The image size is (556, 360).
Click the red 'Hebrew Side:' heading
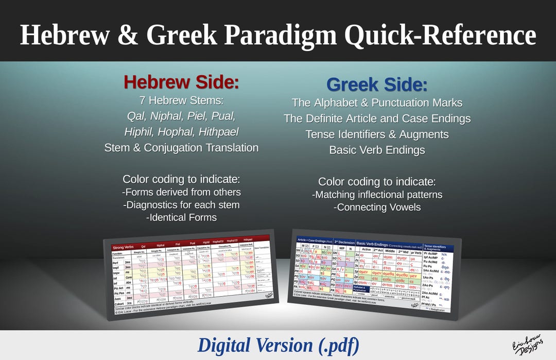[x=181, y=82]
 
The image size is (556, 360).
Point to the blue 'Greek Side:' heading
[x=377, y=85]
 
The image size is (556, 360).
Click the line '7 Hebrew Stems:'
[x=181, y=100]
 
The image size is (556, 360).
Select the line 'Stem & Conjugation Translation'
[x=181, y=147]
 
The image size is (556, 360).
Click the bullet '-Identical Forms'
[x=181, y=217]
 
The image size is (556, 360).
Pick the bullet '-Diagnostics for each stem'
[x=181, y=204]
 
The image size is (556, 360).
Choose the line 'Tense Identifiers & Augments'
[x=377, y=134]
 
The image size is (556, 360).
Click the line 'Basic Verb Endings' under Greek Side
[x=377, y=150]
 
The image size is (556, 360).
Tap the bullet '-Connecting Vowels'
[x=377, y=207]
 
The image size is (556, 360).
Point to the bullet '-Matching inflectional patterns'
[x=377, y=195]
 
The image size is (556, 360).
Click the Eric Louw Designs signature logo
[x=525, y=345]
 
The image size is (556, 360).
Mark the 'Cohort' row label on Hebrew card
[x=119, y=302]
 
